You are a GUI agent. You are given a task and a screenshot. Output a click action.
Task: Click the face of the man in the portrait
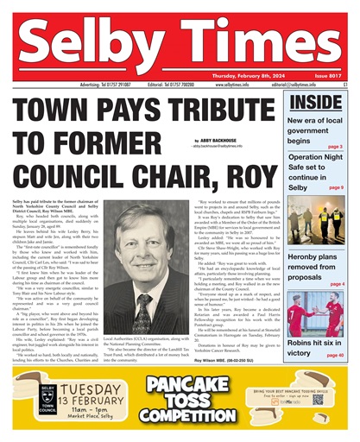click(x=138, y=239)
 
